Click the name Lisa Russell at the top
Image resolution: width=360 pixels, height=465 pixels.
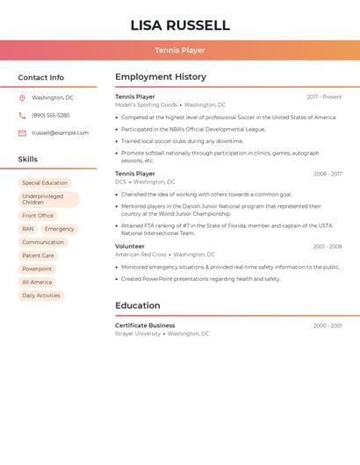pos(180,25)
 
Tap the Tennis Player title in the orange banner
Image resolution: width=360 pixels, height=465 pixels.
pos(180,51)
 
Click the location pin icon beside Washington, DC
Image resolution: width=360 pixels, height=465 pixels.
pos(22,97)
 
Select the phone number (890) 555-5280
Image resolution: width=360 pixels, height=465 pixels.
pos(51,115)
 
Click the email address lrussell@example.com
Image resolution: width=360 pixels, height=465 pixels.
pos(60,132)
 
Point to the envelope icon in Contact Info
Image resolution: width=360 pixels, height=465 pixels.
pos(22,133)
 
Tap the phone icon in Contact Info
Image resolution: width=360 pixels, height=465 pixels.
pos(22,115)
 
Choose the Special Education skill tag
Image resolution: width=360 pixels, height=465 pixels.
pos(45,182)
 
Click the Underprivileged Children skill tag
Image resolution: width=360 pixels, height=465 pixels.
pos(46,199)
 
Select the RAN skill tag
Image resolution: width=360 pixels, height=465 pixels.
pos(28,229)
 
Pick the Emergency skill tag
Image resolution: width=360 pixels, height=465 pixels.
pos(59,229)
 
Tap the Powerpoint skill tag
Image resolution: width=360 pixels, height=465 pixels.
pos(37,268)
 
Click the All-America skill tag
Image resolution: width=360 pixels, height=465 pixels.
pos(37,282)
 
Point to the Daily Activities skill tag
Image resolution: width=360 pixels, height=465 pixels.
pos(41,296)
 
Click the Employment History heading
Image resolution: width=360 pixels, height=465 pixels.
pos(161,77)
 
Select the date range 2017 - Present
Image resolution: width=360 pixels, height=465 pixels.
pos(324,97)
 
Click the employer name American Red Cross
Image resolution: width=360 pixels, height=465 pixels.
pos(140,254)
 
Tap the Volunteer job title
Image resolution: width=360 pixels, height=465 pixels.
pos(130,247)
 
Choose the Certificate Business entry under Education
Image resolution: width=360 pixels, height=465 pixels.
pos(145,325)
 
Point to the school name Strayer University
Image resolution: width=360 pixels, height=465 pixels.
pos(138,333)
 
